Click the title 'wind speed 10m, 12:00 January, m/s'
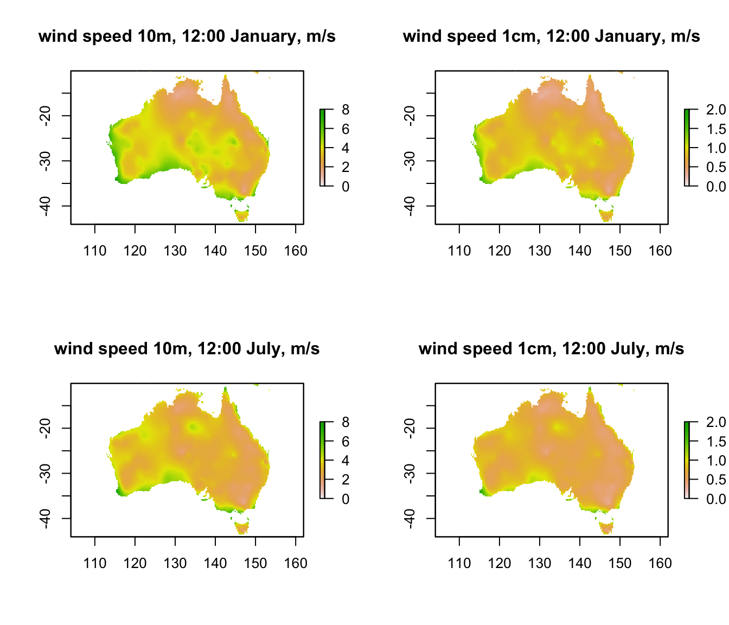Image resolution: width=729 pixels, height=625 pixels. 187,36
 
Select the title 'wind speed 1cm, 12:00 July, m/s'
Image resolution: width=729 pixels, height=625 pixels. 551,349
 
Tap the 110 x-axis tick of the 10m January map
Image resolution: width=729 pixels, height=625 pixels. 95,251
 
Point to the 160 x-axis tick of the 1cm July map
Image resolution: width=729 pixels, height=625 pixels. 660,563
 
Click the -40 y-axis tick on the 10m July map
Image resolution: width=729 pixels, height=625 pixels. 45,519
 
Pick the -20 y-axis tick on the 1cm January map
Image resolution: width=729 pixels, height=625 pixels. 410,116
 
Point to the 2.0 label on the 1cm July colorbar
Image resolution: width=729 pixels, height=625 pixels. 715,423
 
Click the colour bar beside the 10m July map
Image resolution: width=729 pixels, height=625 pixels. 323,460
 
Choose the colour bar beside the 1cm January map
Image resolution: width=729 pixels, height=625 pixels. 687,148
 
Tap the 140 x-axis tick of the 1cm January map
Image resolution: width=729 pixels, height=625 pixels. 580,251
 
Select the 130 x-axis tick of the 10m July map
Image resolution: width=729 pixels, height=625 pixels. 175,563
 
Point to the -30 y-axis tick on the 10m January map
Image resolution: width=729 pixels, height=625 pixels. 45,161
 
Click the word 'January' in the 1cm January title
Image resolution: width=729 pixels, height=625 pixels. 628,36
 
